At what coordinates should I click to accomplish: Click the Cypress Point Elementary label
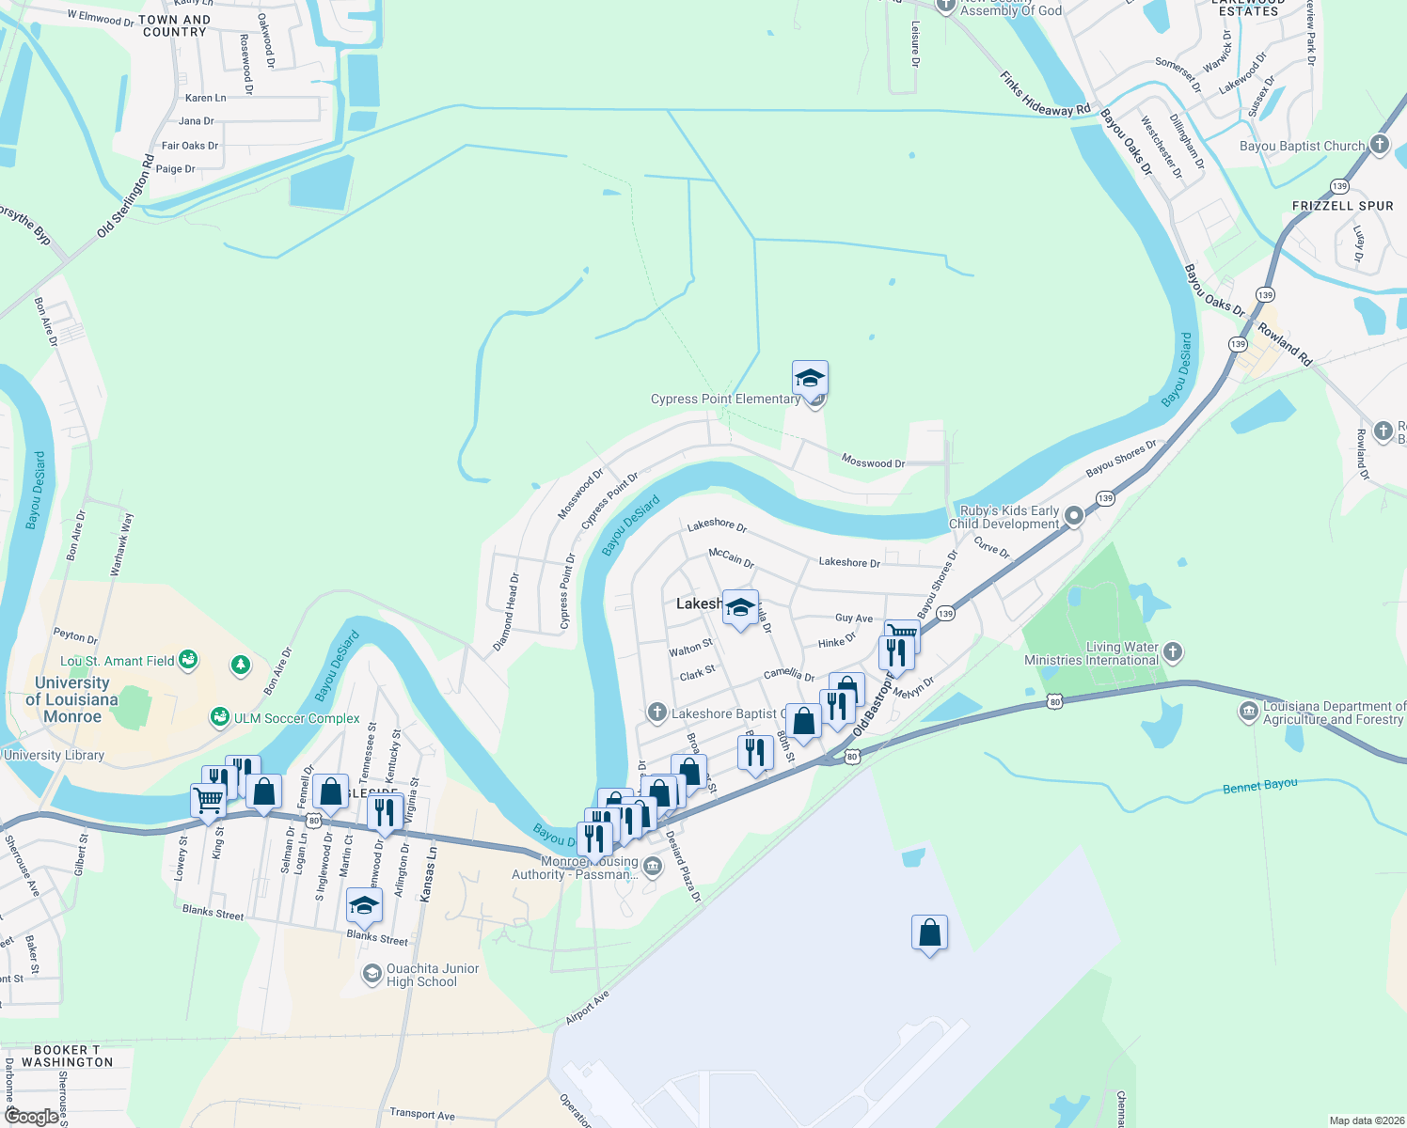(725, 399)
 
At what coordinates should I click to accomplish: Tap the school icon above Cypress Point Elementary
(810, 379)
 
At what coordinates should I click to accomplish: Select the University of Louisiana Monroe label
(72, 699)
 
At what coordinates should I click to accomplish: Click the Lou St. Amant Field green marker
(188, 660)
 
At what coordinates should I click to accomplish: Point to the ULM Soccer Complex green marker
(220, 717)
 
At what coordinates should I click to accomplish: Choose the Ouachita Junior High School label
(433, 975)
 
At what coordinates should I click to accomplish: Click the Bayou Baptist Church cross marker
(1380, 145)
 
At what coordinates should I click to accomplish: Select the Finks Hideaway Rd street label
(1045, 96)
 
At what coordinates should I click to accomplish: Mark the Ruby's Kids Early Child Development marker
(1075, 516)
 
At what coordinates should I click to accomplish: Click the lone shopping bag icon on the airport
(929, 933)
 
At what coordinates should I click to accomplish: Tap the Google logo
(31, 1116)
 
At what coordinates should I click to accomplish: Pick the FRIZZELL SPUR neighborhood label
(1342, 206)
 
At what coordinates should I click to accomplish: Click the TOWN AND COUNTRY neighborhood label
(174, 25)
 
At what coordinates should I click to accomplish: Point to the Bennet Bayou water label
(1259, 785)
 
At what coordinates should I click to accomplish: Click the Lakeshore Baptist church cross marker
(656, 713)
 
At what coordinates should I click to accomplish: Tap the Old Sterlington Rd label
(125, 196)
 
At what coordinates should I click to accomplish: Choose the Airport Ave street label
(588, 1007)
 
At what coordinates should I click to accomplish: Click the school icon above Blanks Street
(364, 906)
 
